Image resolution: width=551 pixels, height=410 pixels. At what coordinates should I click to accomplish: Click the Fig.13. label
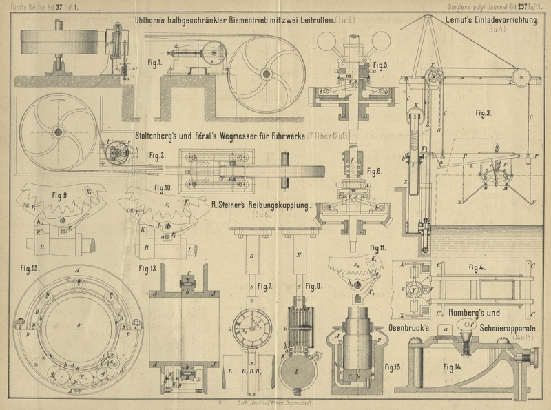pyautogui.click(x=149, y=267)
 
